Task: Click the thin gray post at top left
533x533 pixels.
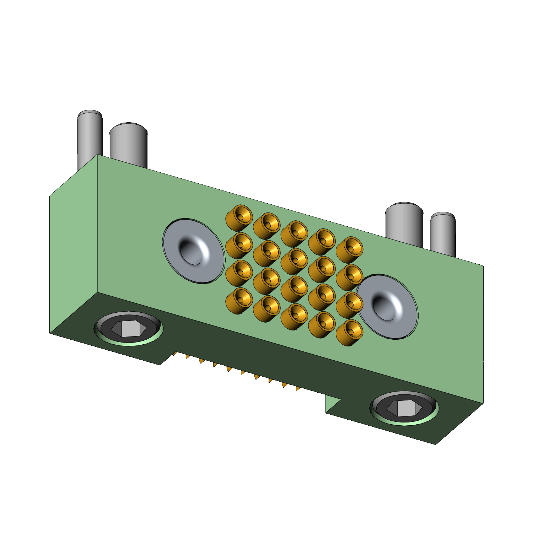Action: pyautogui.click(x=90, y=139)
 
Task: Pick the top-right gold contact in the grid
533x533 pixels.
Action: pyautogui.click(x=349, y=249)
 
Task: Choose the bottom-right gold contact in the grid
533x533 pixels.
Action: pyautogui.click(x=349, y=332)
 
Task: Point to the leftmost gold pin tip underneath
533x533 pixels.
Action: pyautogui.click(x=174, y=354)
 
